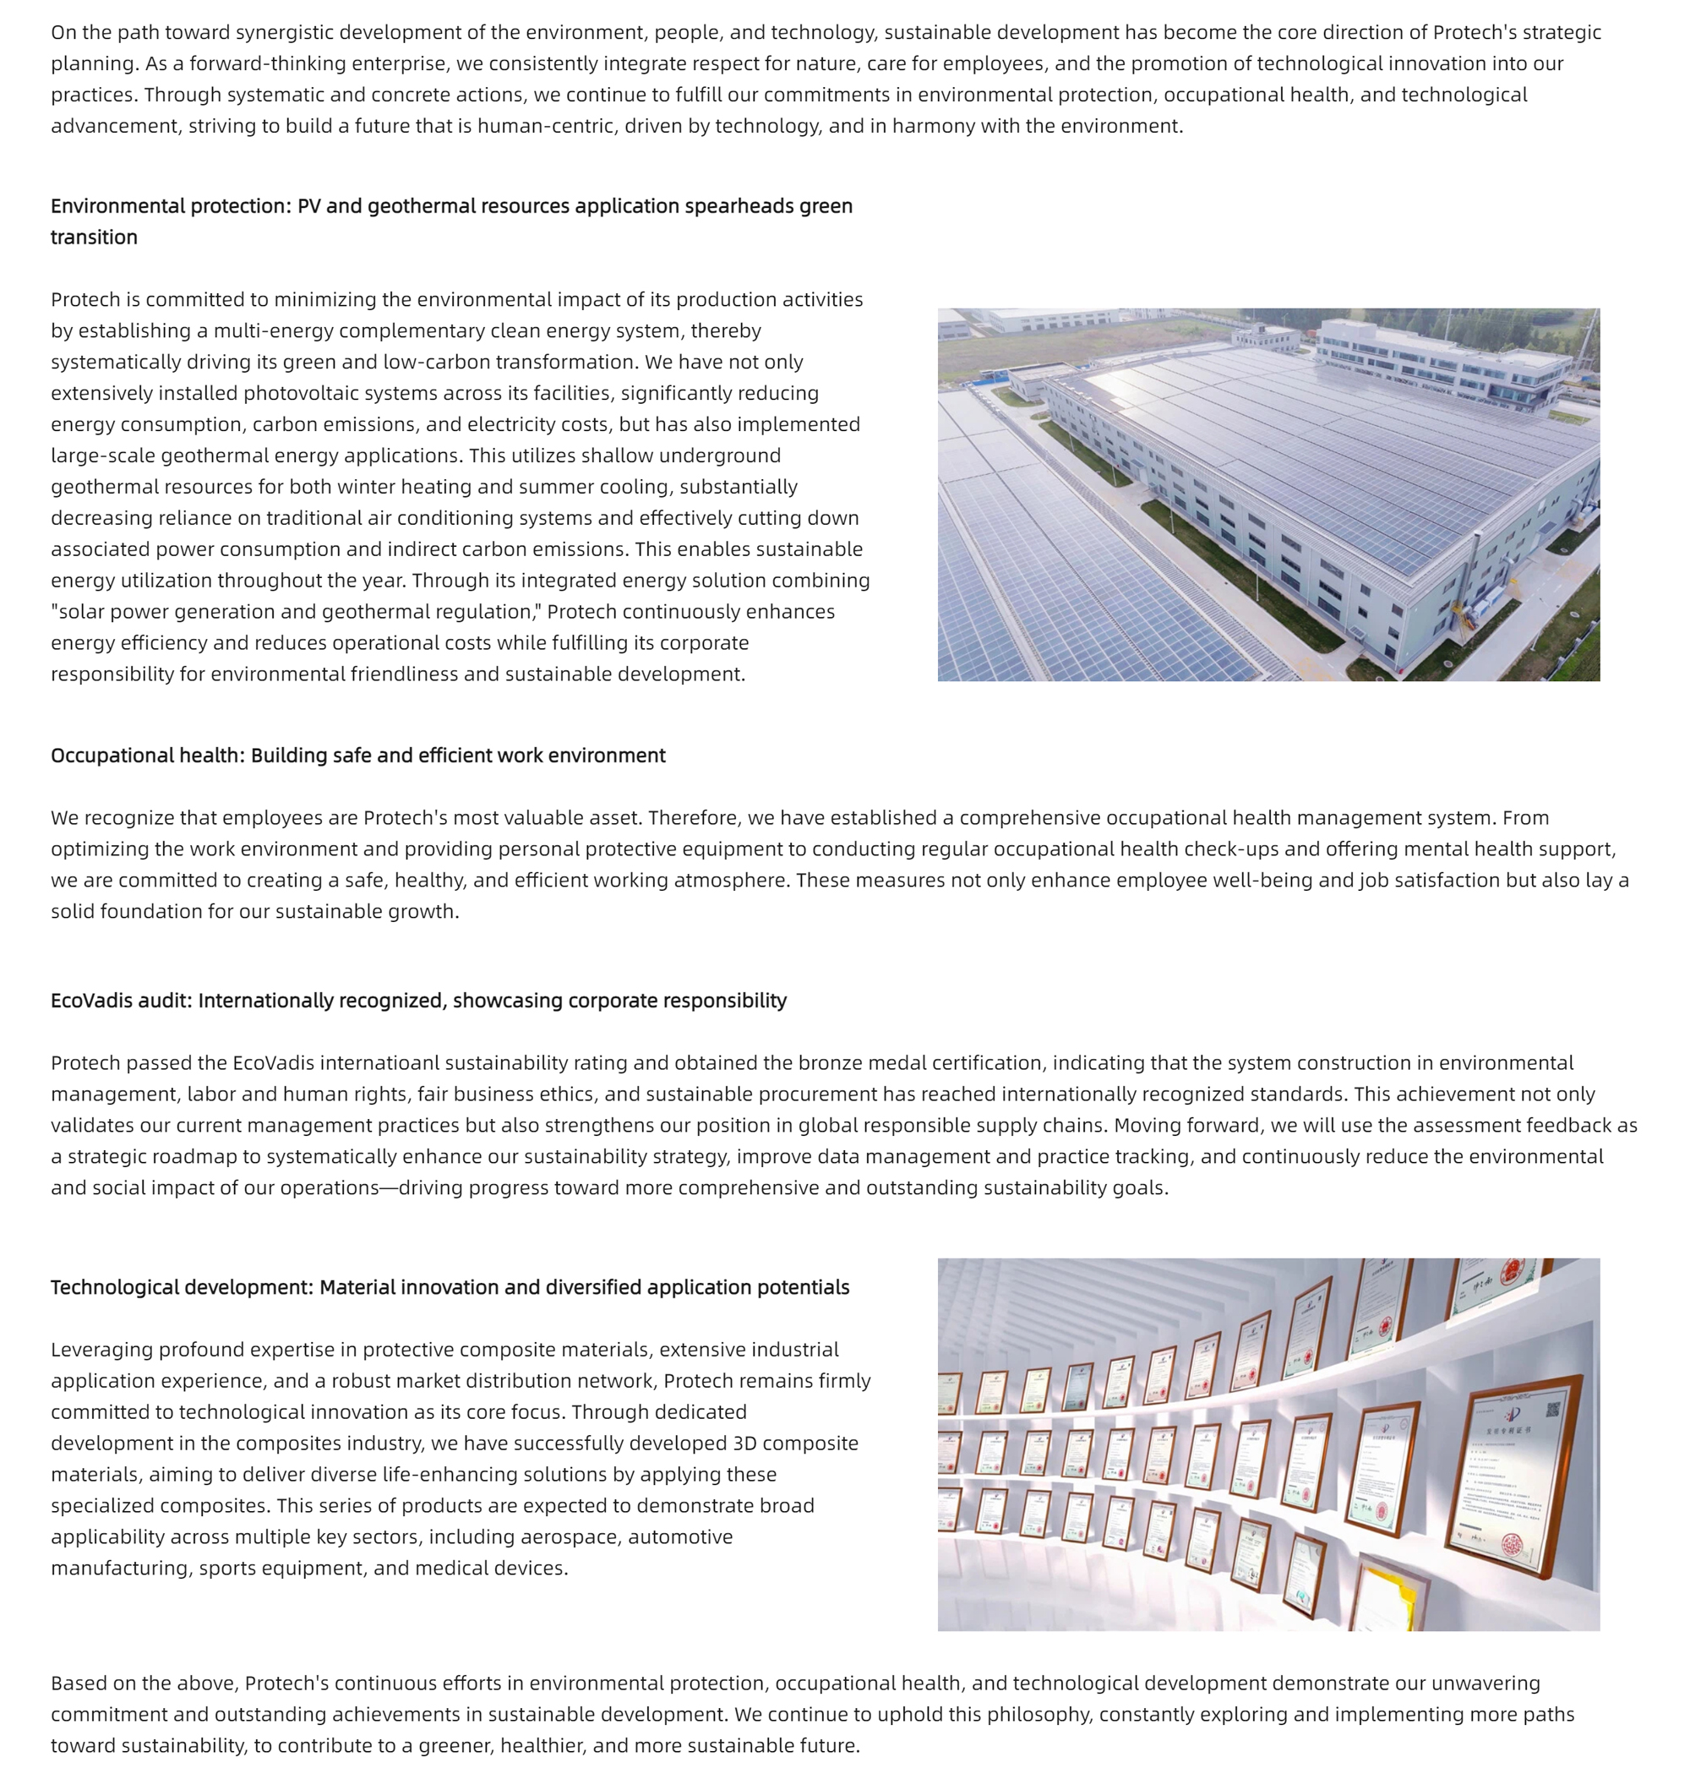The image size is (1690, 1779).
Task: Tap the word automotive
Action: click(680, 1536)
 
